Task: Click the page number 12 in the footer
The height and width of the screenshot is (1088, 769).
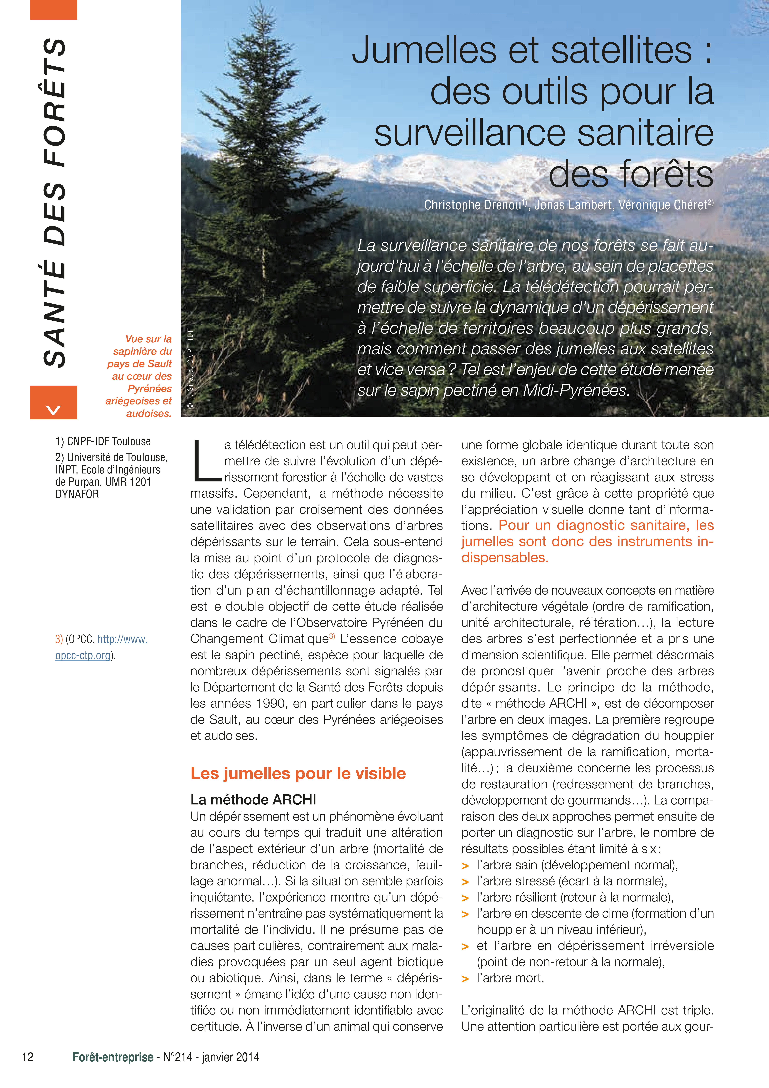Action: pyautogui.click(x=28, y=1057)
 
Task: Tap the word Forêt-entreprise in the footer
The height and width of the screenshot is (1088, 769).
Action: pyautogui.click(x=113, y=1057)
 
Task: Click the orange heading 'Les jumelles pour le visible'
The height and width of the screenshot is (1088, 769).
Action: pyautogui.click(x=298, y=773)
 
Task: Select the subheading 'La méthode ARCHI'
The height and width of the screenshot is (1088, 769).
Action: pyautogui.click(x=253, y=800)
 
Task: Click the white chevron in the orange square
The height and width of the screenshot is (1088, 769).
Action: pyautogui.click(x=54, y=408)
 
